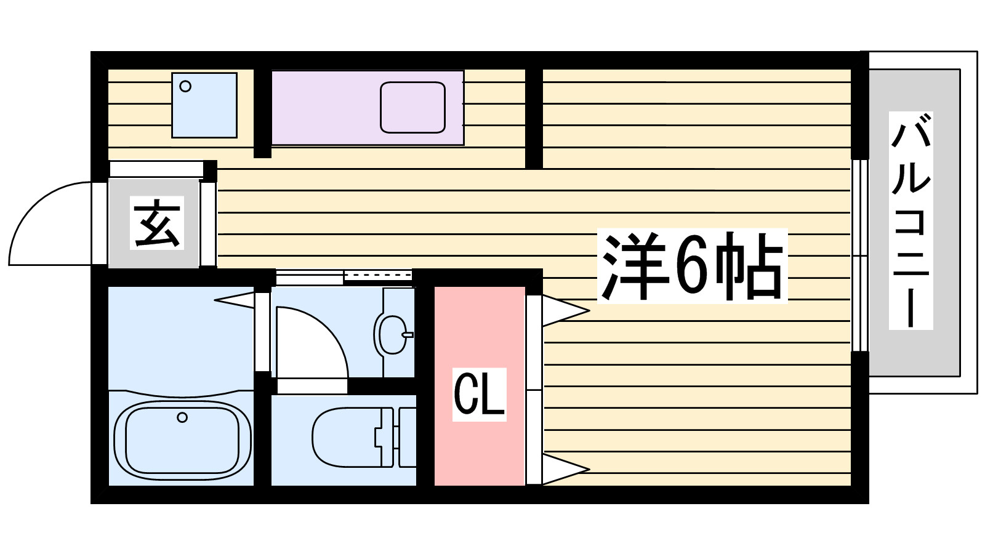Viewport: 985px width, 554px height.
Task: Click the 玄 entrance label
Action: pos(157,223)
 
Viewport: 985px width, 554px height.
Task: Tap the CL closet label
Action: pos(480,395)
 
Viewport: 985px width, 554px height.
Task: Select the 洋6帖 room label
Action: pos(692,266)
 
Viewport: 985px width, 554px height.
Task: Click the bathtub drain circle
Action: pos(182,417)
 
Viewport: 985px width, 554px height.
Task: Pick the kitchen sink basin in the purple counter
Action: pos(412,107)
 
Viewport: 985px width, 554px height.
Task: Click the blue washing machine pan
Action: pos(204,105)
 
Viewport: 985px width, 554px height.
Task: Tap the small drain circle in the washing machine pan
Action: pos(185,86)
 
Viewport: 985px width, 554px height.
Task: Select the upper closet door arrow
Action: pos(565,311)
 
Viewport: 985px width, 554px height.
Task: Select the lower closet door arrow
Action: pos(565,469)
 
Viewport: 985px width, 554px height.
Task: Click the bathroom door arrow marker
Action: pos(235,300)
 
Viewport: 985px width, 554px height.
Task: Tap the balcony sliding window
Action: pos(860,255)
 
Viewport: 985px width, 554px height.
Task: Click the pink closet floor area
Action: pos(480,386)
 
